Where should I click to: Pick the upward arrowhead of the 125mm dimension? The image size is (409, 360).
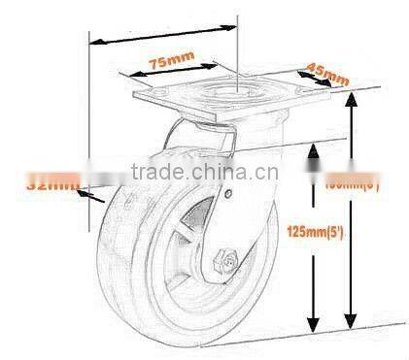click(314, 150)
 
